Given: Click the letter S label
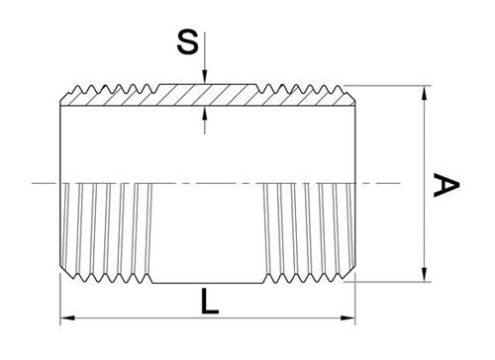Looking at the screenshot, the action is (x=188, y=42).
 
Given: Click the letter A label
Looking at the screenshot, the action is (x=445, y=184).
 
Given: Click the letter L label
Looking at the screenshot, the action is (x=210, y=302).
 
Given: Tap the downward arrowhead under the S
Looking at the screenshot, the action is (x=205, y=76).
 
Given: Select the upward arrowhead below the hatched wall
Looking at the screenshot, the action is (x=205, y=114).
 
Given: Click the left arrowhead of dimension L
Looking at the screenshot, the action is (x=68, y=318).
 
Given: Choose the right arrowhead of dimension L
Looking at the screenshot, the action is (x=347, y=318).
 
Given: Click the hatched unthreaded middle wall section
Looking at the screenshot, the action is (x=208, y=95).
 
